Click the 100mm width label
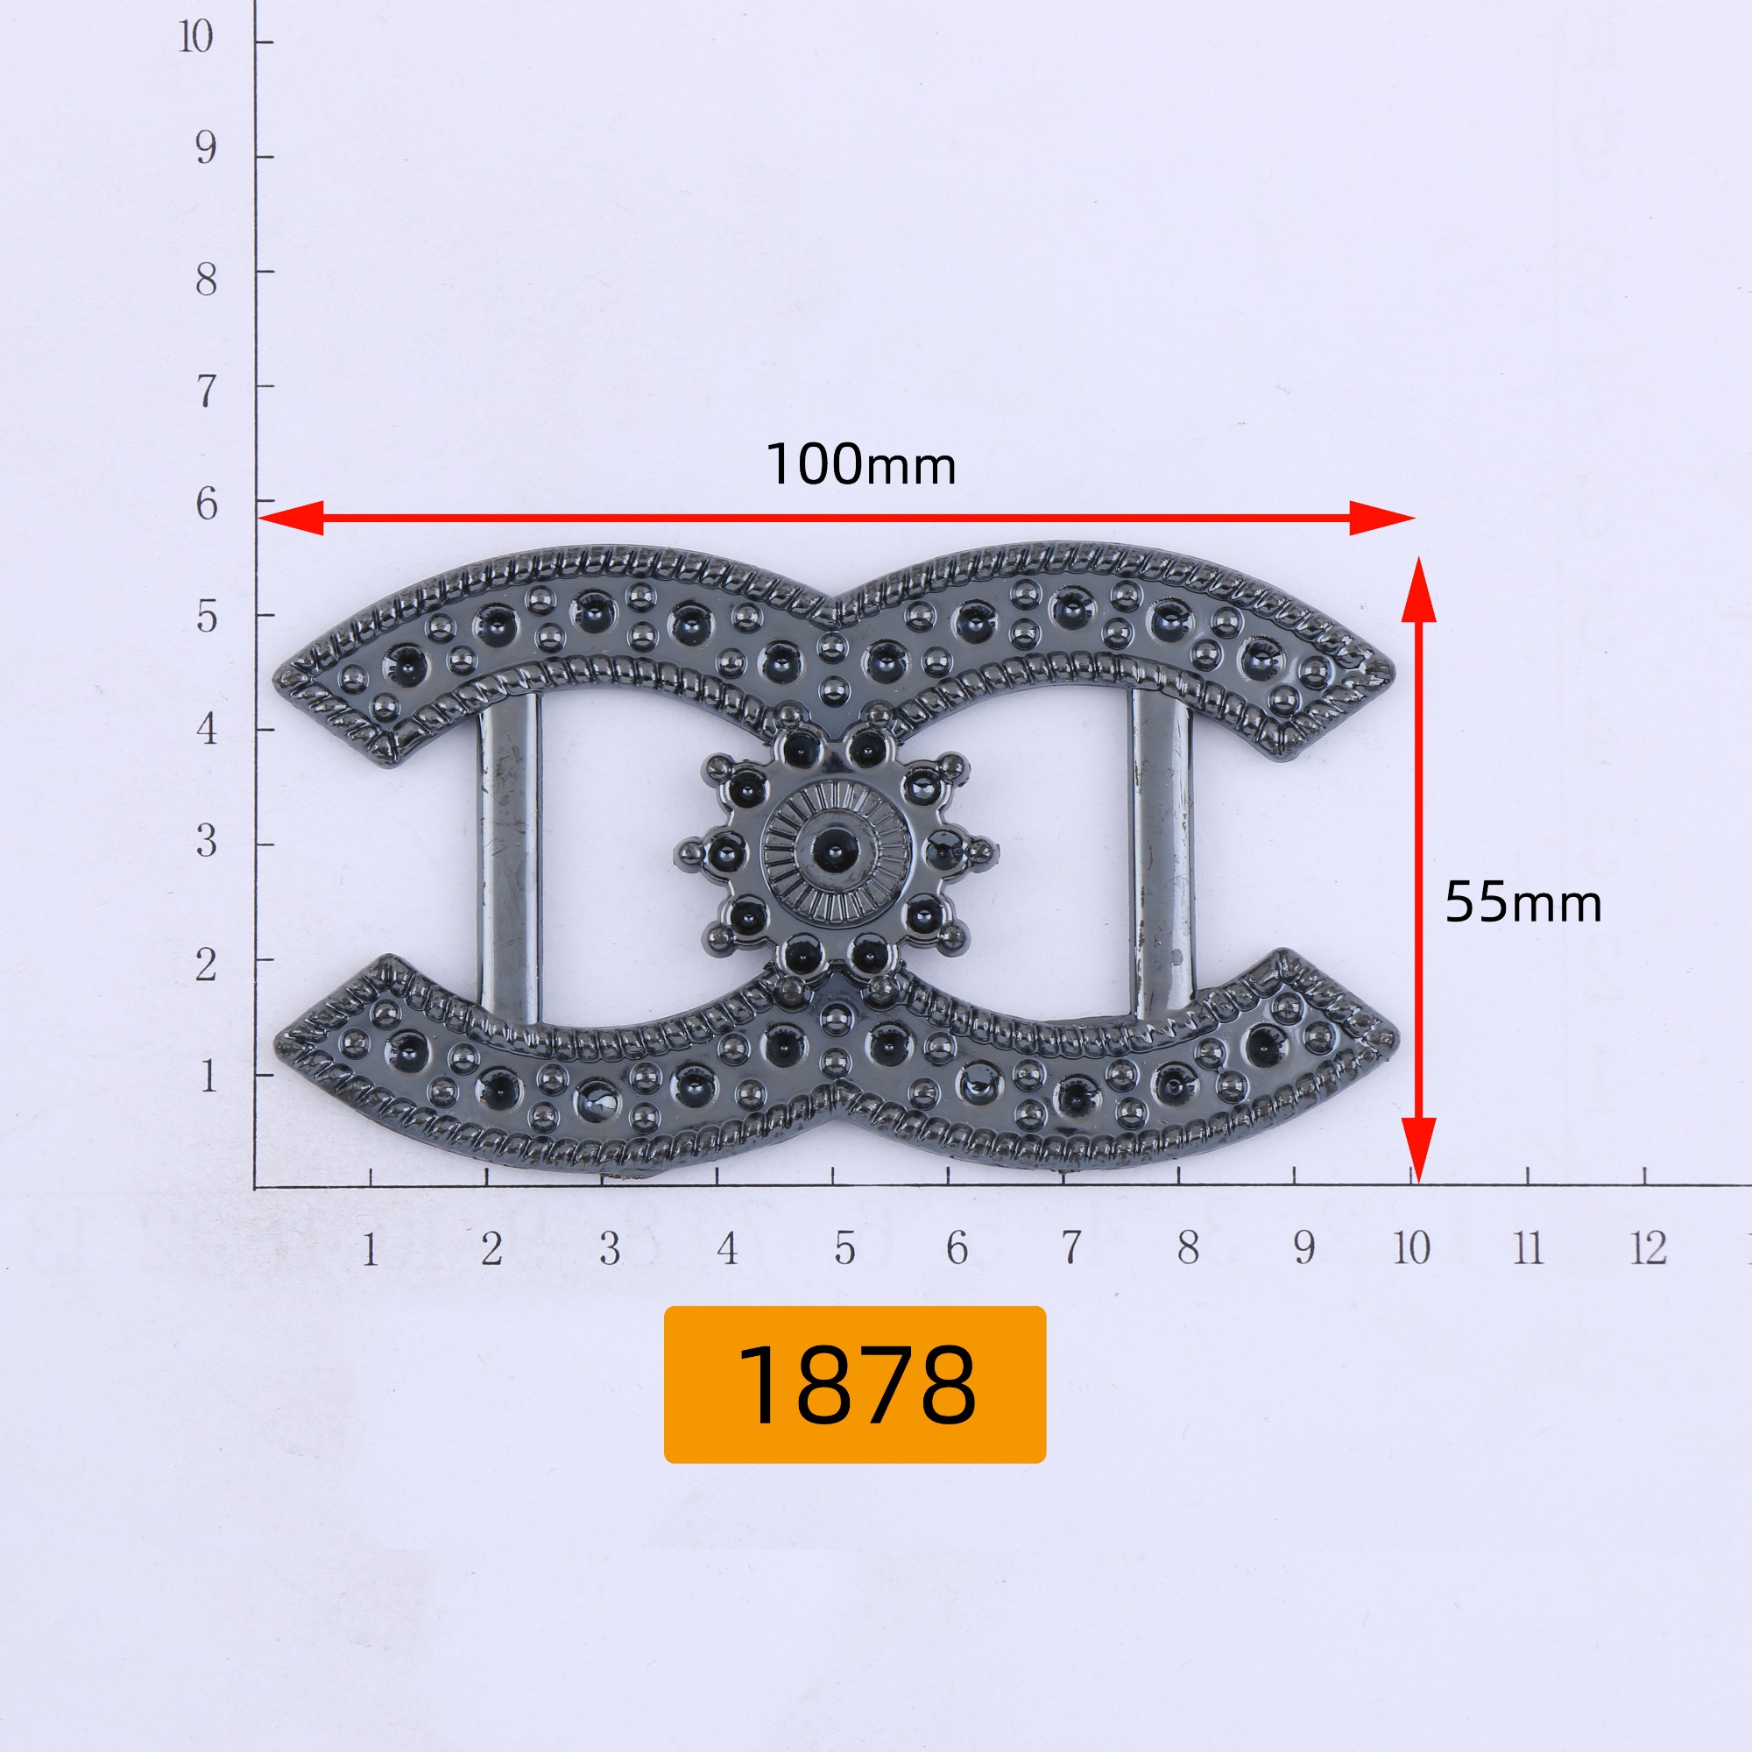pyautogui.click(x=860, y=465)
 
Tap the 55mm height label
pyautogui.click(x=1522, y=903)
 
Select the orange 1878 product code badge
pyautogui.click(x=854, y=1384)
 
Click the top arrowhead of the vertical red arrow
pyautogui.click(x=1418, y=590)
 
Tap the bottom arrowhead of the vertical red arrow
pyautogui.click(x=1418, y=1150)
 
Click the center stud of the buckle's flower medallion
pyautogui.click(x=834, y=850)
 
